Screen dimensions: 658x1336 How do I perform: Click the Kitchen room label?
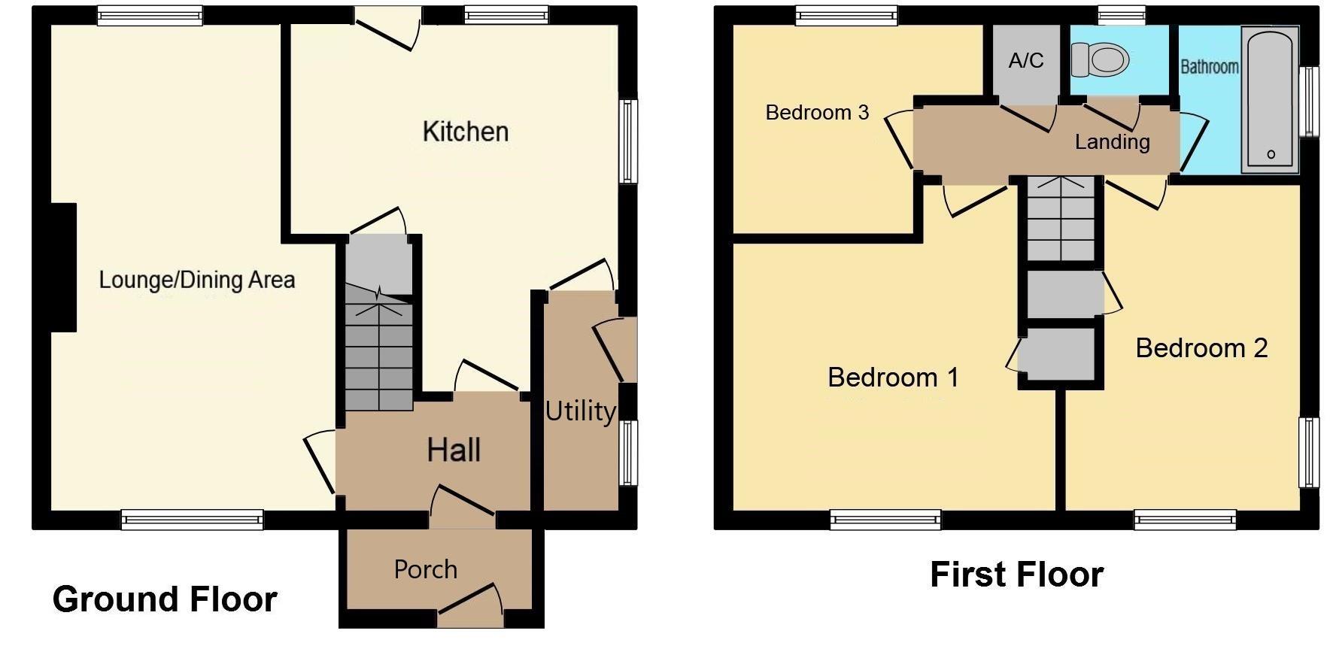coord(466,132)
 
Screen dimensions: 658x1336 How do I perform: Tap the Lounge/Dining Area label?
coord(197,280)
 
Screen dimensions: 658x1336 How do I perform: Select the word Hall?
coord(454,450)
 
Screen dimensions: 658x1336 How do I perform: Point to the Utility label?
coord(580,411)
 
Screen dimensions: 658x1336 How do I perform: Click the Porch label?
coord(426,569)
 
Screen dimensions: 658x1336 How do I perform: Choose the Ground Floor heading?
coord(165,599)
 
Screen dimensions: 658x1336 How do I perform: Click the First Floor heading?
coord(1016,575)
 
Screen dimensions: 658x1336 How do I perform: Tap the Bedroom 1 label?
coord(893,377)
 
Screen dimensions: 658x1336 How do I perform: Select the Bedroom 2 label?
coord(1201,348)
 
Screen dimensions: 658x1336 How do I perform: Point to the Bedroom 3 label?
coord(817,113)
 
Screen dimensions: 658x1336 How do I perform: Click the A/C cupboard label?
coord(1026,60)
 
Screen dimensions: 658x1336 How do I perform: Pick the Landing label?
coord(1112,142)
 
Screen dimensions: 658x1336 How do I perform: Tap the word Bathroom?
coord(1209,67)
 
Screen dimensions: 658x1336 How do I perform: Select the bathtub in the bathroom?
coord(1270,98)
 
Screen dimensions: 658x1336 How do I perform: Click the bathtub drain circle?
coord(1271,154)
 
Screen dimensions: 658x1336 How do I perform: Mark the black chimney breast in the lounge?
coord(63,267)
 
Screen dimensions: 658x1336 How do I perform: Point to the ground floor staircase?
coord(379,353)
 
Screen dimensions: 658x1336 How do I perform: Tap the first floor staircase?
coord(1061,218)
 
